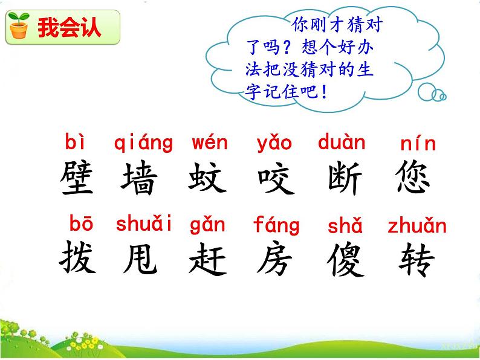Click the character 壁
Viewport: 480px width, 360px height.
(x=78, y=177)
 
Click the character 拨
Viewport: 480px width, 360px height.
(x=78, y=259)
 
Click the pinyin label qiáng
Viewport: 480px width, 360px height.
(x=143, y=144)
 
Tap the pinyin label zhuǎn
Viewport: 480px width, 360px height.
(x=417, y=226)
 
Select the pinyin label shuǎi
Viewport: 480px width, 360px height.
(x=144, y=224)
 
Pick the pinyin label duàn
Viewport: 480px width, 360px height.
(x=342, y=143)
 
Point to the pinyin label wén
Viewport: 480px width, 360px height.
(x=210, y=143)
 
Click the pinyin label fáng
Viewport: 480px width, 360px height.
(x=276, y=225)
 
